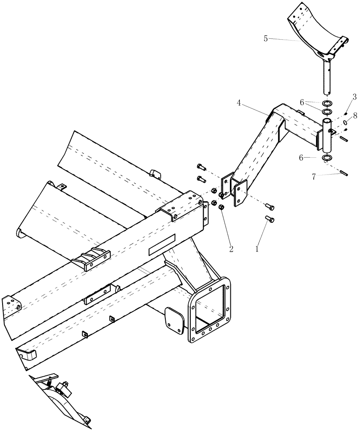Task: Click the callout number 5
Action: point(266,38)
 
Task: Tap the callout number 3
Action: point(354,97)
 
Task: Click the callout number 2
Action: point(231,249)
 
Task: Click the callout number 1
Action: point(257,249)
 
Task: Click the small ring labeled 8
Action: point(345,122)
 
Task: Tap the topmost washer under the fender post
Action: point(328,103)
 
